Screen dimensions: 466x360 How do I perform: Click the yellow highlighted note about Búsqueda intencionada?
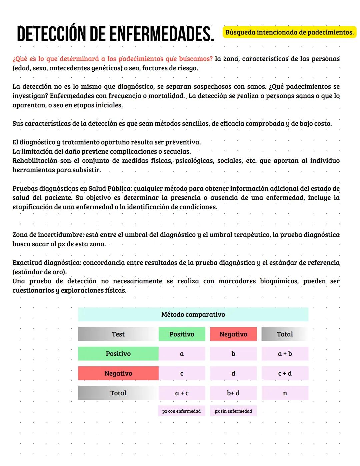(289, 32)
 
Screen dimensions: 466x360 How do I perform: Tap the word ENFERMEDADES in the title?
(161, 34)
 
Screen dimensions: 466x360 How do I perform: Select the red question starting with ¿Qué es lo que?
(112, 59)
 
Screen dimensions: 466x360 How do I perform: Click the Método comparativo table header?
(193, 314)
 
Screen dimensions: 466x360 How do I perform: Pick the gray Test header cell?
(118, 334)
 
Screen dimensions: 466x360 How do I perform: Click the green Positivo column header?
(182, 334)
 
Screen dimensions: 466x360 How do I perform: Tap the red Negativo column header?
(233, 334)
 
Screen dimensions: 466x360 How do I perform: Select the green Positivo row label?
(118, 354)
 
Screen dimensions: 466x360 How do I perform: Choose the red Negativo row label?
(118, 373)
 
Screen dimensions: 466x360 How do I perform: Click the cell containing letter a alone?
(182, 354)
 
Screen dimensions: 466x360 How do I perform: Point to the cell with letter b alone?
(233, 354)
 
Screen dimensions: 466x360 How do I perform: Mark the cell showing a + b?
(285, 354)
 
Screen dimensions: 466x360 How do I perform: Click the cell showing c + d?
(285, 373)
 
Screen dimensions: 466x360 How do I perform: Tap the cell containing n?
(285, 393)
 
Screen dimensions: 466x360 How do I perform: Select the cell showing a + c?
(182, 393)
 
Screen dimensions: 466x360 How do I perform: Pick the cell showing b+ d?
(233, 393)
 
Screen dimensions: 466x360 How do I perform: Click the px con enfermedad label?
(181, 411)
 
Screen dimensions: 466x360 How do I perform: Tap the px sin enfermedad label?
(233, 411)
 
